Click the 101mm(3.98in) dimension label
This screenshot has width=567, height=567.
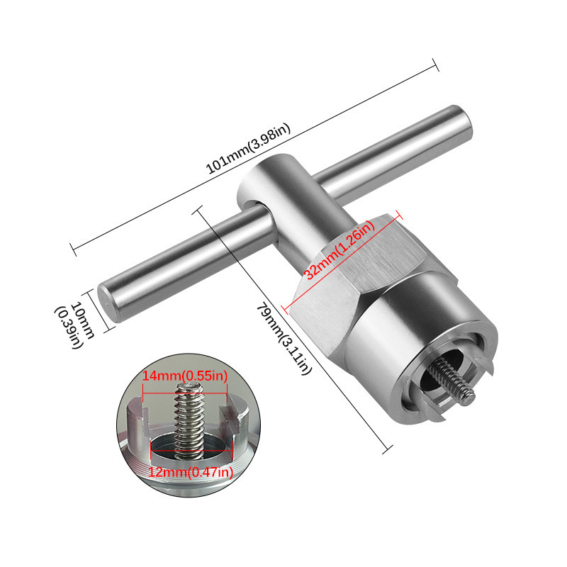pos(248,149)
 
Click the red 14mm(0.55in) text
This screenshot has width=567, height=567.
pos(185,376)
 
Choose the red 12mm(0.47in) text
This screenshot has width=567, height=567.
pos(191,472)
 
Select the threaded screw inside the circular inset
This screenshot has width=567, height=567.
pos(188,421)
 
